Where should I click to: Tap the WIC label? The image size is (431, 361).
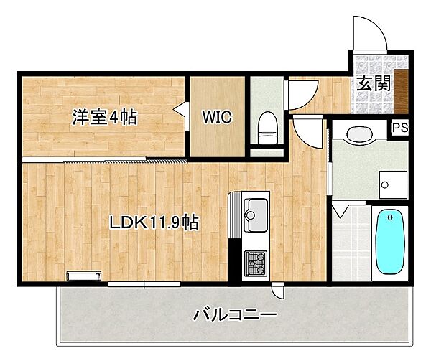coord(216,118)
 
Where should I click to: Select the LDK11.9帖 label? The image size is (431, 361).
coord(154,222)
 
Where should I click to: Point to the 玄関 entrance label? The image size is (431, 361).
coord(374,83)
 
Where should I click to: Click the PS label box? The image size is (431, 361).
coord(399,129)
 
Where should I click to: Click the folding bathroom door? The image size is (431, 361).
coord(341,212)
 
